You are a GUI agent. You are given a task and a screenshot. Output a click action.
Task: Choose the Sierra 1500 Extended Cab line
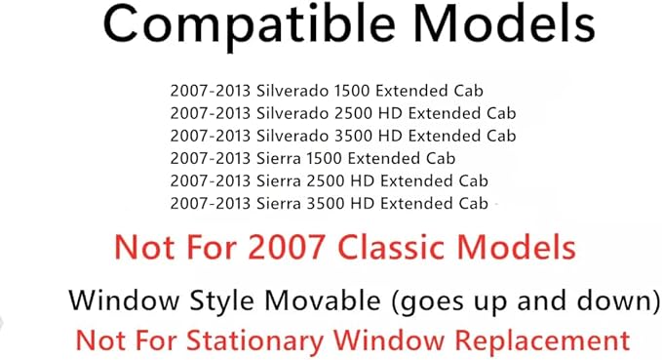313,157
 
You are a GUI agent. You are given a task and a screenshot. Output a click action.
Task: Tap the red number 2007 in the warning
283,247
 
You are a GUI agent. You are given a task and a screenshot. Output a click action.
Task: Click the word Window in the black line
115,300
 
